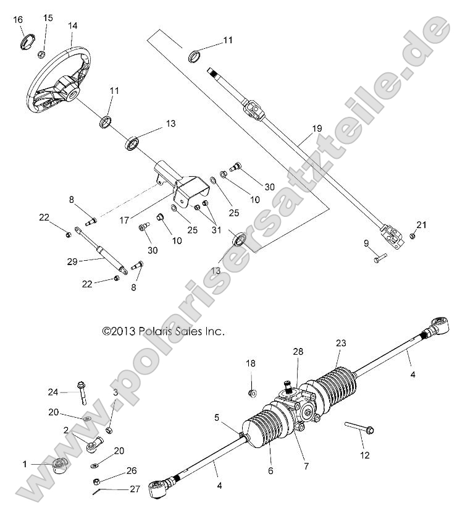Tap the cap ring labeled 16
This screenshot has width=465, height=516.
tap(28, 42)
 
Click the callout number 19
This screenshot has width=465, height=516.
tap(316, 129)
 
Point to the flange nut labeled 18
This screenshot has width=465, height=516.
tap(251, 392)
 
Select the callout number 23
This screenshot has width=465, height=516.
tap(341, 343)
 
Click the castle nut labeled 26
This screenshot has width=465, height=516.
tap(96, 481)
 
